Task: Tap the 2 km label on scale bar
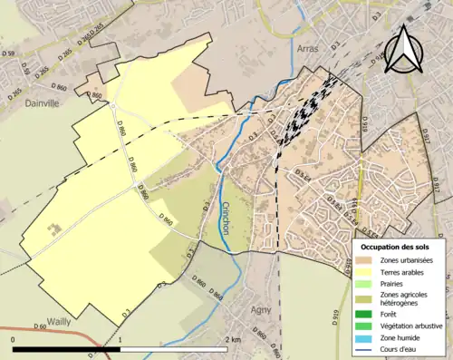coord(234,339)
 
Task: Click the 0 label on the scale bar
coord(14,339)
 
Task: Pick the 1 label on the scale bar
coord(120,339)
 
